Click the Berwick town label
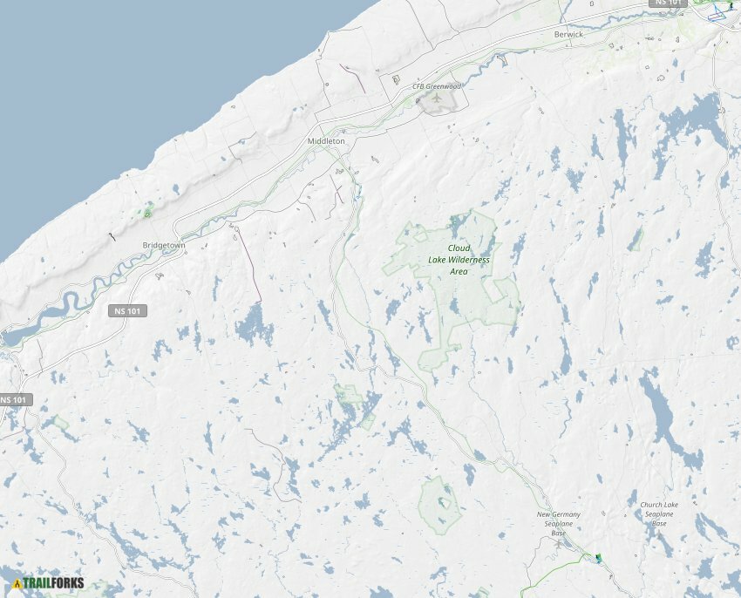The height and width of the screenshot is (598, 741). click(568, 34)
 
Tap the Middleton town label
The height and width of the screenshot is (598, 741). click(326, 140)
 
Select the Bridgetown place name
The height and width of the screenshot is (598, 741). click(164, 246)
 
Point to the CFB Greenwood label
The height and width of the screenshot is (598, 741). click(436, 86)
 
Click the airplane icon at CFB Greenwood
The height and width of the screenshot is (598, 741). click(436, 99)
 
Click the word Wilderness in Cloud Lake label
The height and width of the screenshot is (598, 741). click(469, 260)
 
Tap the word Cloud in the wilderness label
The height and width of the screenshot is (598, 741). click(459, 248)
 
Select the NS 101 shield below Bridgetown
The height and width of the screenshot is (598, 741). click(128, 311)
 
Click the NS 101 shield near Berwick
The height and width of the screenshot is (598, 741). click(670, 3)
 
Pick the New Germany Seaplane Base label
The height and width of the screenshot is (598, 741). click(559, 523)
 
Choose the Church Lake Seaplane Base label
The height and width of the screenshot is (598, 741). click(659, 513)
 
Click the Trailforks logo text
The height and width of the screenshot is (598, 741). click(53, 582)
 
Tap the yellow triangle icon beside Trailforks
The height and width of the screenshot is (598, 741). click(17, 582)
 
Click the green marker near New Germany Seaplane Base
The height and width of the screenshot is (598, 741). click(598, 557)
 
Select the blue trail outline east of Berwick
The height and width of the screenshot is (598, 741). click(718, 13)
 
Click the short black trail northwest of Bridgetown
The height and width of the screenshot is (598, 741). click(112, 236)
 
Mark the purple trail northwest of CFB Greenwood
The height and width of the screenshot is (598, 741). click(353, 78)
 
